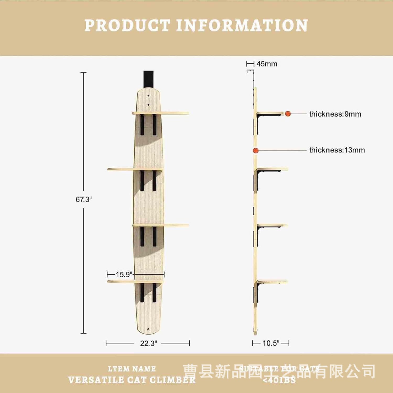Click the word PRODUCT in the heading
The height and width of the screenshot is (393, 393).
pyautogui.click(x=127, y=25)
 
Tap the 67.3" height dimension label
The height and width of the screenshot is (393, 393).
pyautogui.click(x=84, y=200)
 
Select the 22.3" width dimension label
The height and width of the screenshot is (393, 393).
pyautogui.click(x=148, y=343)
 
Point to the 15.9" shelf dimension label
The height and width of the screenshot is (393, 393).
pyautogui.click(x=124, y=275)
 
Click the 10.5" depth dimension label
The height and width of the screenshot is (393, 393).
pyautogui.click(x=271, y=343)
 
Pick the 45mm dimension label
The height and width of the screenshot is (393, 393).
pyautogui.click(x=267, y=64)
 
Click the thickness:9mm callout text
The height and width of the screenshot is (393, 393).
pyautogui.click(x=335, y=114)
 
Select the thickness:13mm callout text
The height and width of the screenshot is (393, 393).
pyautogui.click(x=337, y=150)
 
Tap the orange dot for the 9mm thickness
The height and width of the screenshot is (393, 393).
pyautogui.click(x=288, y=114)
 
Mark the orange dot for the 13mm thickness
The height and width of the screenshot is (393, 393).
pyautogui.click(x=256, y=151)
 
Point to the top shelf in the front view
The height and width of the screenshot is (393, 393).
pyautogui.click(x=160, y=113)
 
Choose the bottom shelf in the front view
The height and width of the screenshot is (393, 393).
pyautogui.click(x=135, y=281)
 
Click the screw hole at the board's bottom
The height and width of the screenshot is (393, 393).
pyautogui.click(x=148, y=329)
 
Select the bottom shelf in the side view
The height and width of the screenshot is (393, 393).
pyautogui.click(x=272, y=282)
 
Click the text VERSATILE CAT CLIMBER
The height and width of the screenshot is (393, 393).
pyautogui.click(x=132, y=380)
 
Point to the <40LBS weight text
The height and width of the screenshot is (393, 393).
pyautogui.click(x=279, y=380)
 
